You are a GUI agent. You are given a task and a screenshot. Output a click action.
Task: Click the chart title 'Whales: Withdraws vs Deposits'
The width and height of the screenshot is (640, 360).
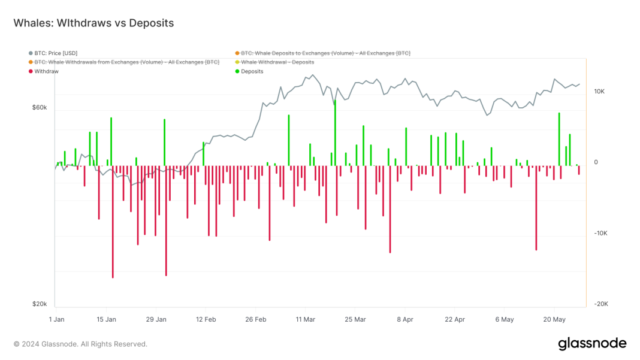(x=93, y=23)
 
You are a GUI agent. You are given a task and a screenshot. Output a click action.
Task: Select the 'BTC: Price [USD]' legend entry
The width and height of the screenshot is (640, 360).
(x=55, y=53)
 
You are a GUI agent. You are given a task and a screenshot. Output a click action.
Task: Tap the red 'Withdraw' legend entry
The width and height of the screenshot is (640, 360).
(x=46, y=71)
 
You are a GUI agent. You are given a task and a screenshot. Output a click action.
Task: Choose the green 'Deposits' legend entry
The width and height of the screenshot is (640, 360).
(x=252, y=71)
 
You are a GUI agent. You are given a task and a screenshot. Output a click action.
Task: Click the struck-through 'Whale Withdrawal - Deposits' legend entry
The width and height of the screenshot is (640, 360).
(x=277, y=62)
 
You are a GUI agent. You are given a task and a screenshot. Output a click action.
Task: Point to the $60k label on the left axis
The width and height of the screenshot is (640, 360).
(x=40, y=108)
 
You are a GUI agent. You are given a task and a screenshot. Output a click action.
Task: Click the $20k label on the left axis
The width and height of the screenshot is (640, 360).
(x=40, y=304)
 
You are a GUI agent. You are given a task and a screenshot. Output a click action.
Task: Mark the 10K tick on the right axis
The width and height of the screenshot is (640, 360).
(x=599, y=92)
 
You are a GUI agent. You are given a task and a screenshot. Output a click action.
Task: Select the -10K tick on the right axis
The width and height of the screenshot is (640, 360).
(x=600, y=234)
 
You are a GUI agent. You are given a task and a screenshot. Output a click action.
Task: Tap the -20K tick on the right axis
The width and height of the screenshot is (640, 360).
(x=600, y=304)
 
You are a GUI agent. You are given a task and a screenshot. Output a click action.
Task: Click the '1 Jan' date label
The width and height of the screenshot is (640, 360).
(x=56, y=320)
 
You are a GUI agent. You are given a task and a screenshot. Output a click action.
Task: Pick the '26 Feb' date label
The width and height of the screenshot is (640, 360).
(x=256, y=320)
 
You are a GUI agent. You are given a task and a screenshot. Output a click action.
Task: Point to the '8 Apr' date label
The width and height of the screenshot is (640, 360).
(x=406, y=320)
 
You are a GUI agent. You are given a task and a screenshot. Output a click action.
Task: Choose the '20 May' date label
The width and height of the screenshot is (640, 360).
(x=554, y=320)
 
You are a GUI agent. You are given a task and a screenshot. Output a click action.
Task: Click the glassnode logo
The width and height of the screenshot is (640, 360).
(x=592, y=344)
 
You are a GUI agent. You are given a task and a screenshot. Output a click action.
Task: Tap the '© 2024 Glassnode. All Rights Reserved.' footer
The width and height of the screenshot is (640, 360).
(x=80, y=344)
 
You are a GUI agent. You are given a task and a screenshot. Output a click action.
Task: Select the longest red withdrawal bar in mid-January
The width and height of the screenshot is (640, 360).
(x=113, y=222)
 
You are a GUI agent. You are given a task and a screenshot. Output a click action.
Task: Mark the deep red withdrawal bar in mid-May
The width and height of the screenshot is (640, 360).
(x=536, y=208)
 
